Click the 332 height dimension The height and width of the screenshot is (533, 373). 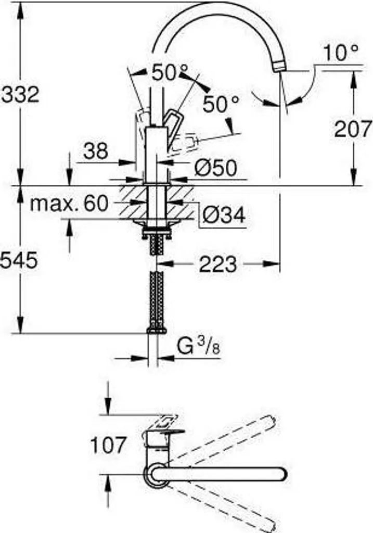tap(20, 94)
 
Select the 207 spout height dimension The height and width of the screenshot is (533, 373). tap(353, 129)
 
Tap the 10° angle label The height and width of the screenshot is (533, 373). tap(341, 53)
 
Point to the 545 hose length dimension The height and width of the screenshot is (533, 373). tap(19, 260)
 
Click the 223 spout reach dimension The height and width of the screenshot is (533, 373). tap(217, 264)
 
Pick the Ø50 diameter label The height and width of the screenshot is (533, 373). tap(215, 168)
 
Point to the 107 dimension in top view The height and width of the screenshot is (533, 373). tap(108, 445)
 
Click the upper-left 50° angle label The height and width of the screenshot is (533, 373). tap(170, 73)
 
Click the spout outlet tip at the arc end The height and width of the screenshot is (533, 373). tap(279, 66)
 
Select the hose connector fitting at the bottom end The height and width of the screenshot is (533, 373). tap(156, 329)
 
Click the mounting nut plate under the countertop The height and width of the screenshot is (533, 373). tap(156, 224)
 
